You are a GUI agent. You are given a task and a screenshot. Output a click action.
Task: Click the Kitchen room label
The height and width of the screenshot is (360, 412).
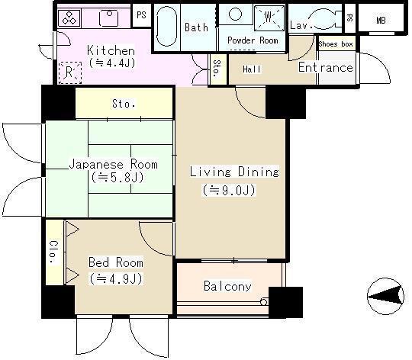click(x=111, y=50)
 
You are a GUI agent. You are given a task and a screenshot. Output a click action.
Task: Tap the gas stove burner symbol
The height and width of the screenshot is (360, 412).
click(x=69, y=18)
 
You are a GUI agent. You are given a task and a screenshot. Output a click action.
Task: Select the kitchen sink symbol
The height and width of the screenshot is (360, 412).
click(x=109, y=18)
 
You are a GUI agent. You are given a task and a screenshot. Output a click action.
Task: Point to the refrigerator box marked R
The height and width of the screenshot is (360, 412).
click(x=69, y=72)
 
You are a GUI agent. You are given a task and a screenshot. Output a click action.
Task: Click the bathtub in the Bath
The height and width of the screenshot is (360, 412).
click(x=166, y=26)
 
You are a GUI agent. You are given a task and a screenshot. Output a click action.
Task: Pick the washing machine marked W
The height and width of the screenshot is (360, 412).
click(x=269, y=18)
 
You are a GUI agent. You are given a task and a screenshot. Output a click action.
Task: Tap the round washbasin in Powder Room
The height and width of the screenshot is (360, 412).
click(x=235, y=14)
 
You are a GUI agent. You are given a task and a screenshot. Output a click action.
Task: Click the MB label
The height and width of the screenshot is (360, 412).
click(x=381, y=21)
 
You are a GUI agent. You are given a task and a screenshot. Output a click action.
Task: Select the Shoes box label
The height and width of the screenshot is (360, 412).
click(x=336, y=43)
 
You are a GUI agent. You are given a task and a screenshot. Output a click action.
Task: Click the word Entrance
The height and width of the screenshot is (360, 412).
click(x=326, y=67)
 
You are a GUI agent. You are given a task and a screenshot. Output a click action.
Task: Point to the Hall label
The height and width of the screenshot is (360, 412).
click(x=252, y=69)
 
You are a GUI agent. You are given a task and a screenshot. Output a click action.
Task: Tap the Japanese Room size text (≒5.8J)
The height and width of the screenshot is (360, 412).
click(x=117, y=178)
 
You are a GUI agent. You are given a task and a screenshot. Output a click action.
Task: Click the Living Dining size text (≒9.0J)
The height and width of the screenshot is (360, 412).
click(x=229, y=190)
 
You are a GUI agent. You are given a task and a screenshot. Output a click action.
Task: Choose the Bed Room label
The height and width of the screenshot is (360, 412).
click(x=116, y=262)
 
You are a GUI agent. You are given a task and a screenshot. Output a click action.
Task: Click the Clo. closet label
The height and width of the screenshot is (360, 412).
click(x=54, y=252)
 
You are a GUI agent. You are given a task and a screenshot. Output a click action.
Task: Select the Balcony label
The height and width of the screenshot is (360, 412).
click(x=227, y=286)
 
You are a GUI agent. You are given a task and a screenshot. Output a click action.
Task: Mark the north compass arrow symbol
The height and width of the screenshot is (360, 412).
click(x=386, y=297)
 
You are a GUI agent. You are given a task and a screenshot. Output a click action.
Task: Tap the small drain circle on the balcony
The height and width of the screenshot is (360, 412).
click(x=264, y=302)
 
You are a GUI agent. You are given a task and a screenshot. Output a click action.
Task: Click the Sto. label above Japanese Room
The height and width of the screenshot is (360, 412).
click(x=124, y=104)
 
